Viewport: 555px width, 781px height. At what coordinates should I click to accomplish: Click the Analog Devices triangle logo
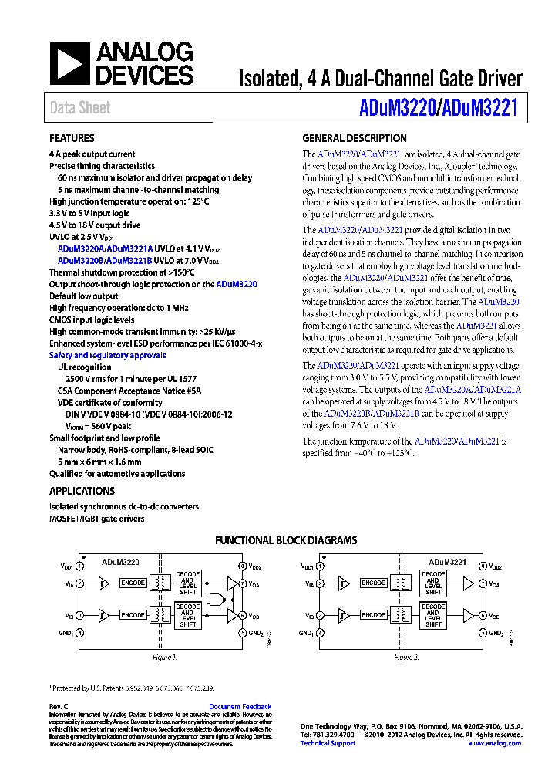pyautogui.click(x=70, y=63)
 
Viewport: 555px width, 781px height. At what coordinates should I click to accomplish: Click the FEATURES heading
pyautogui.click(x=72, y=139)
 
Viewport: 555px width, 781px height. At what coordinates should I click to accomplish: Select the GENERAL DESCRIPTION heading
pyautogui.click(x=354, y=139)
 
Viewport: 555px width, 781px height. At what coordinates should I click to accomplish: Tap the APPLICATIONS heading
pyautogui.click(x=82, y=491)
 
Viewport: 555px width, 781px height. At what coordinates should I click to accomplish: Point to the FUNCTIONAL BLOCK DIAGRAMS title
pyautogui.click(x=285, y=541)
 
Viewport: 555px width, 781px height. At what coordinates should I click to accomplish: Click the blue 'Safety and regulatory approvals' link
pyautogui.click(x=107, y=356)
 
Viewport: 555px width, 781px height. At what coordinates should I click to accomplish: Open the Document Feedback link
pyautogui.click(x=240, y=707)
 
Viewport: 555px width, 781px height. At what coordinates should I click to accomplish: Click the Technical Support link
pyautogui.click(x=328, y=743)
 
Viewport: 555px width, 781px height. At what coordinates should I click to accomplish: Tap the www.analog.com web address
pyautogui.click(x=494, y=743)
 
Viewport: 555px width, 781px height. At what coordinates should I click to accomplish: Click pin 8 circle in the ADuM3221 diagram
pyautogui.click(x=482, y=566)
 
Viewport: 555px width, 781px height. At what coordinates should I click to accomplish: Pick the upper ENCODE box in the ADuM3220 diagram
pyautogui.click(x=133, y=583)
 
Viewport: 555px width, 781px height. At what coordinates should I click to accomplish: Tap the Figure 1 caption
pyautogui.click(x=164, y=658)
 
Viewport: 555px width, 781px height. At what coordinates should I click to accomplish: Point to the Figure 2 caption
pyautogui.click(x=405, y=658)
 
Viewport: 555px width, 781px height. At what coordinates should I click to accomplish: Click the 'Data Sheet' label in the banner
pyautogui.click(x=80, y=108)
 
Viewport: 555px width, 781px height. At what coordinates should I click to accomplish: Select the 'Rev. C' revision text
pyautogui.click(x=59, y=707)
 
